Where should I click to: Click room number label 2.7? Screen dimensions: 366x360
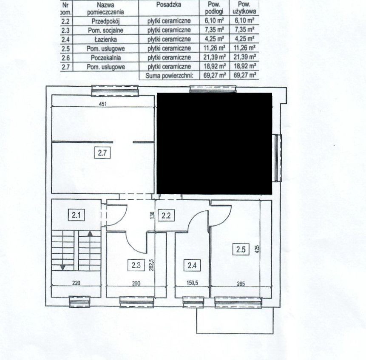coord(102,153)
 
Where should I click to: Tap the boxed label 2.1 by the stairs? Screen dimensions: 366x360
coord(77,215)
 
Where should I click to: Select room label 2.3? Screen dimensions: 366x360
coord(136,265)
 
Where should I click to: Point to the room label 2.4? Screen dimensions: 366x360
coord(192,265)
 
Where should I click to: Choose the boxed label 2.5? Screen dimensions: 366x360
coord(241,249)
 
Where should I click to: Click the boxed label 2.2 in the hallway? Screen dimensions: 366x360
coord(166,215)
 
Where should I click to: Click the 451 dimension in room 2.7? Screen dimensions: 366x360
coord(103,104)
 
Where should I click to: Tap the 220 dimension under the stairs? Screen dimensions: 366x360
coord(76,283)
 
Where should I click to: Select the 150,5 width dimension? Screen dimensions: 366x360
coord(192,283)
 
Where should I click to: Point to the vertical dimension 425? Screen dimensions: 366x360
coord(257,249)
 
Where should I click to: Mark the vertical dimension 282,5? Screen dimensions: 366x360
coord(151,264)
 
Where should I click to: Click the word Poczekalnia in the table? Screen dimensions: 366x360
coord(106,58)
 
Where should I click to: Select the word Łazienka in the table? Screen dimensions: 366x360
coord(105,39)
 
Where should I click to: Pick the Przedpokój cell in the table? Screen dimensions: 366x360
coord(105,21)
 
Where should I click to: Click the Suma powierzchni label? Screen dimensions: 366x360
coord(169,76)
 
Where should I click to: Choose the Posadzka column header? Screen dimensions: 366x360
coord(168,5)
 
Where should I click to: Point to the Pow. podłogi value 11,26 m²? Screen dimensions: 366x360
coord(215,48)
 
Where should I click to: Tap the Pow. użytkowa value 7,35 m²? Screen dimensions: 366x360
coord(244,30)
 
